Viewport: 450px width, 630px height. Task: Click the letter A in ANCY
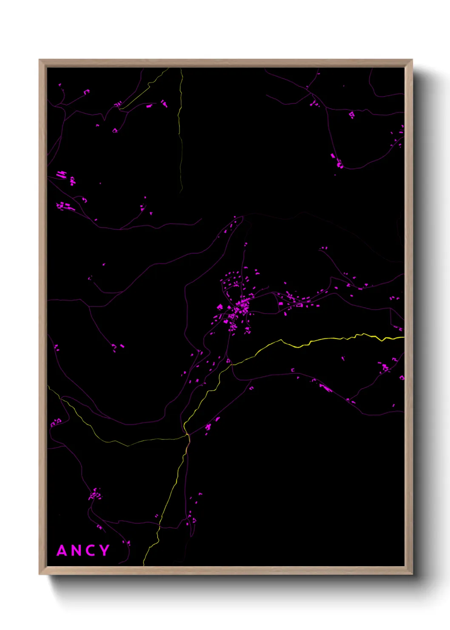[x=62, y=551]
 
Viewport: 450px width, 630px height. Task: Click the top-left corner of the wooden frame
[x=40, y=60]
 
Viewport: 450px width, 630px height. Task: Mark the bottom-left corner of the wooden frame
[x=40, y=574]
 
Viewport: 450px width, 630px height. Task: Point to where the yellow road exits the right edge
[x=403, y=338]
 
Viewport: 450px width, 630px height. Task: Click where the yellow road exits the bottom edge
[x=144, y=564]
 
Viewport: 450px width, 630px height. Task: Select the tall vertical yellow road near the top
[x=180, y=128]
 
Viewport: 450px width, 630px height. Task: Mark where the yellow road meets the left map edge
[x=48, y=387]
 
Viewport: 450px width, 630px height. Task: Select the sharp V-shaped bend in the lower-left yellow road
[x=128, y=446]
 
